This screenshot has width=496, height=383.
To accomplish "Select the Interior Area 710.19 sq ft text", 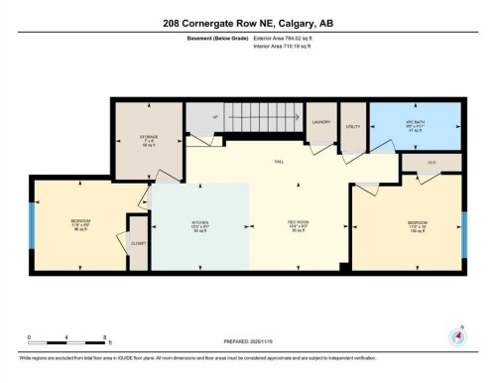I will pyautogui.click(x=289, y=45).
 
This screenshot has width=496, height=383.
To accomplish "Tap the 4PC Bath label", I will pyautogui.click(x=414, y=125).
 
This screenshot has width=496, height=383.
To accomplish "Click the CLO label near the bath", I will pyautogui.click(x=432, y=161).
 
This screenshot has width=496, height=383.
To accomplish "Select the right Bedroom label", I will pyautogui.click(x=418, y=223).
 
